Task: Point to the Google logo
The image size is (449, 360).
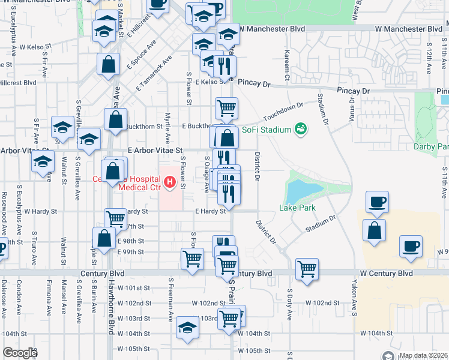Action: click(20, 353)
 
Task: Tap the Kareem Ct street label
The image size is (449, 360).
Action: click(287, 66)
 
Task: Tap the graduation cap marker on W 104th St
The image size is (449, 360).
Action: click(187, 328)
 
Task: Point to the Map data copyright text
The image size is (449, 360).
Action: click(423, 355)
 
